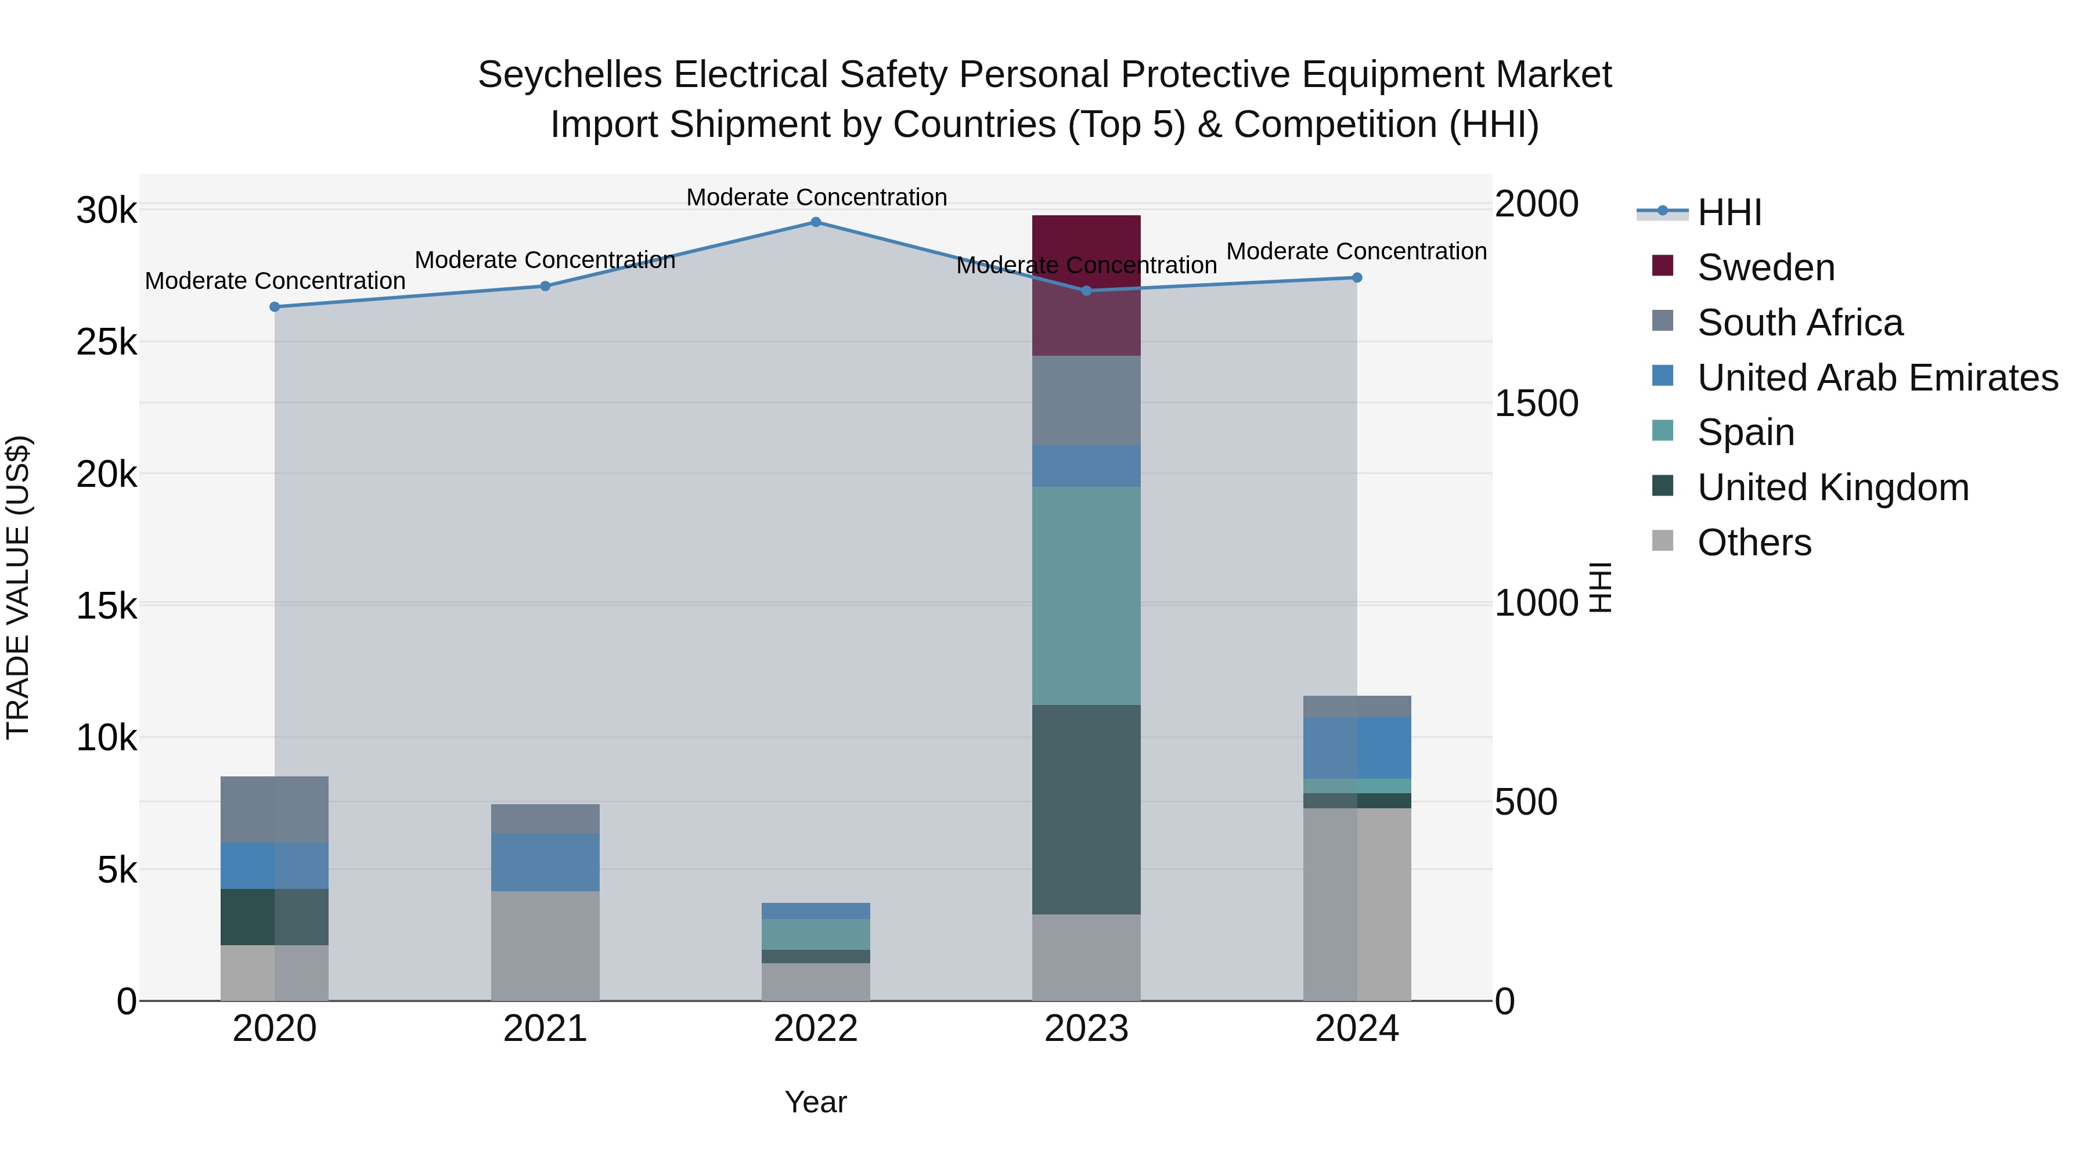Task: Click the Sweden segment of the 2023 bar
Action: [1086, 285]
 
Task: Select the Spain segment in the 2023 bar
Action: [1086, 595]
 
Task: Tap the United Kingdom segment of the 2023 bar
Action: [1086, 809]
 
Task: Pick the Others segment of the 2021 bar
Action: [545, 946]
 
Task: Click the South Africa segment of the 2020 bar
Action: [274, 809]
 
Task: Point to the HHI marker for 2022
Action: [816, 222]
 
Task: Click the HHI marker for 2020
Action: [274, 306]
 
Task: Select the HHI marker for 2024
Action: [1357, 277]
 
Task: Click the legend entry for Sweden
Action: [1765, 267]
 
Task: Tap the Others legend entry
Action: [1753, 543]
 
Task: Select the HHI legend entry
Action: [1728, 212]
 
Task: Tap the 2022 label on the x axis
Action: [816, 1029]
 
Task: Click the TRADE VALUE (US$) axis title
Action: [19, 587]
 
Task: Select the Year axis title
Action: [816, 1102]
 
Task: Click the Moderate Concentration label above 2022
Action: [816, 197]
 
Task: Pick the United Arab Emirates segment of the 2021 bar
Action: [545, 862]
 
